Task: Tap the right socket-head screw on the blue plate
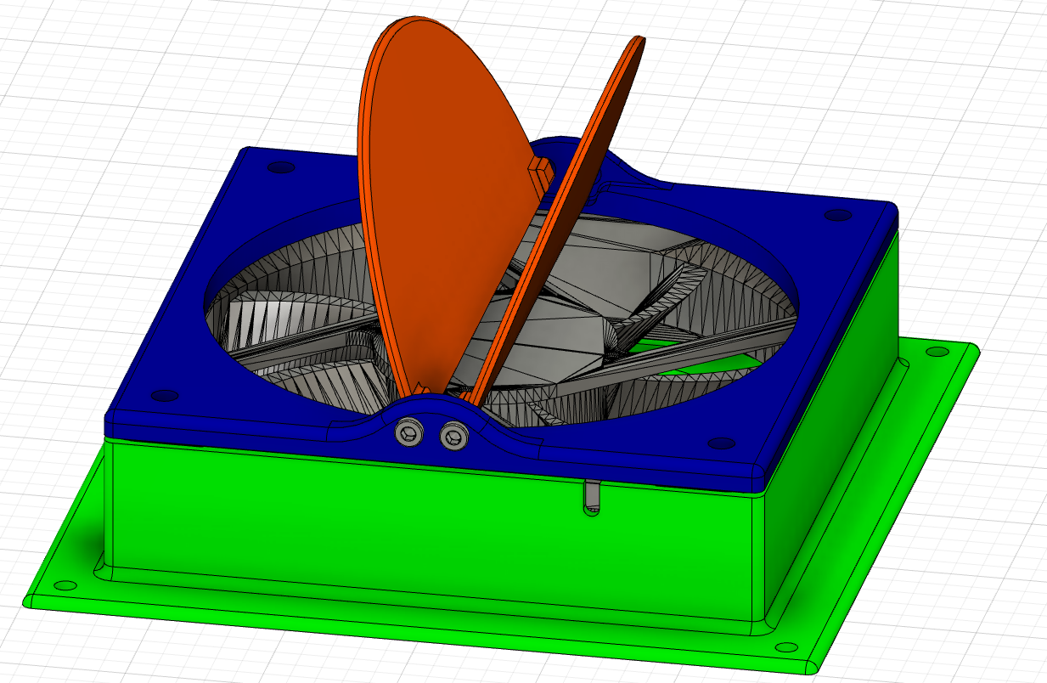pyautogui.click(x=454, y=437)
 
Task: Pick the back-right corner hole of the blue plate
pyautogui.click(x=838, y=215)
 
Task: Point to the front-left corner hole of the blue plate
pyautogui.click(x=164, y=396)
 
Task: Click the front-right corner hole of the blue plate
pyautogui.click(x=721, y=443)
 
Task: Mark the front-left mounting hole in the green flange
pyautogui.click(x=64, y=586)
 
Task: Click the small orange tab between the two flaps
pyautogui.click(x=540, y=170)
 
